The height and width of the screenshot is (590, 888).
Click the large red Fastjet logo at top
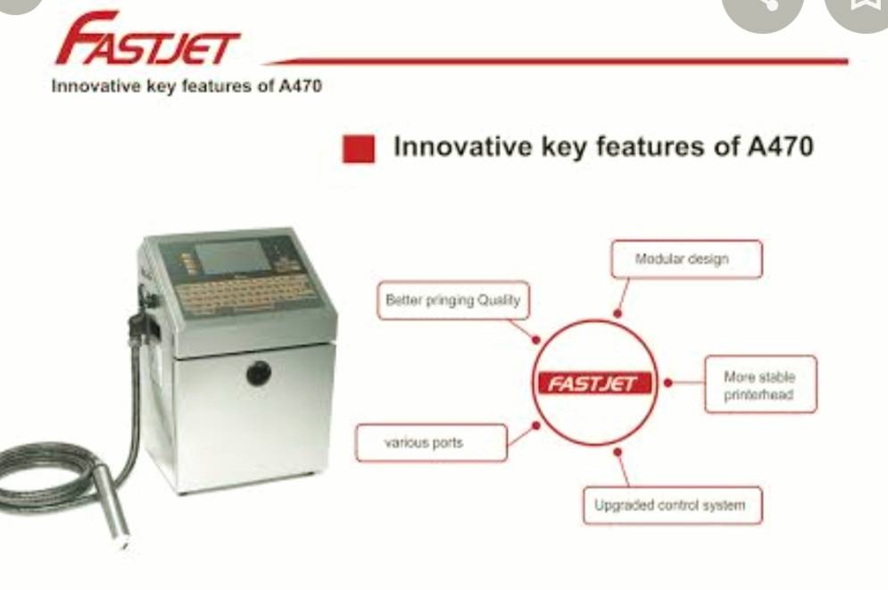(x=147, y=39)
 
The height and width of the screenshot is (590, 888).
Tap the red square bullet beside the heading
(x=359, y=149)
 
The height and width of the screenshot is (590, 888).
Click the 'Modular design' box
(x=686, y=260)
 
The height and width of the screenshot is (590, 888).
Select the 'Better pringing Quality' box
(x=453, y=300)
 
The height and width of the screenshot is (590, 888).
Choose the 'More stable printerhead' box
(x=760, y=385)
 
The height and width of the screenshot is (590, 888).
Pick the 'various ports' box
(x=431, y=443)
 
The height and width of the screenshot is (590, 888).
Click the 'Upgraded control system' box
(x=672, y=505)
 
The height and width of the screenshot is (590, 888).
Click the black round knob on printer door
(x=259, y=373)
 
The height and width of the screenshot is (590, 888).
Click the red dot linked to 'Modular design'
(x=618, y=313)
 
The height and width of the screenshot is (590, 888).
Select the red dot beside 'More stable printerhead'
(x=668, y=383)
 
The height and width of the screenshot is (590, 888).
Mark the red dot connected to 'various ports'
(x=535, y=425)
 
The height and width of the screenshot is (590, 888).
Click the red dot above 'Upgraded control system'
(x=618, y=452)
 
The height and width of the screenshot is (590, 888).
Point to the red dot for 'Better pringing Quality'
(x=535, y=340)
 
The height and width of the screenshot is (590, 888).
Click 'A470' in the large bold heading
(x=780, y=146)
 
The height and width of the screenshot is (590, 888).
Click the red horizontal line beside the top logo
(x=558, y=61)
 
